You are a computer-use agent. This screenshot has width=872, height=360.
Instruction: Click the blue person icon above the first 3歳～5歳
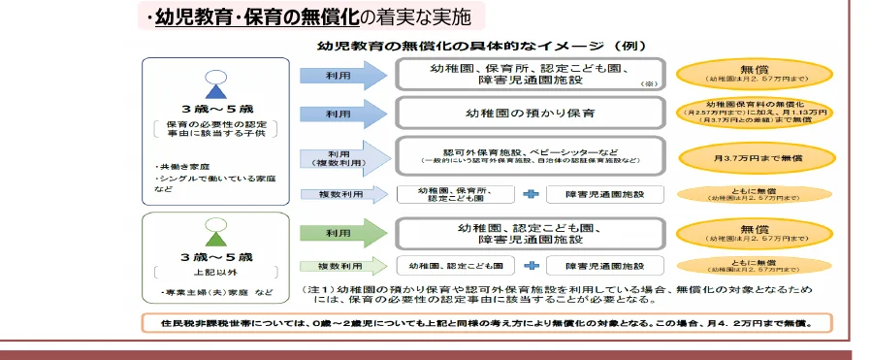click(215, 86)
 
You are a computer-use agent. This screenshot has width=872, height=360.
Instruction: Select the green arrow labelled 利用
click(340, 233)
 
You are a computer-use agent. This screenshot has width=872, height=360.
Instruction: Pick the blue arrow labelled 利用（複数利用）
click(340, 157)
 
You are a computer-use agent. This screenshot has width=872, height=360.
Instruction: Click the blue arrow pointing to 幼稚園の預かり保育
click(340, 114)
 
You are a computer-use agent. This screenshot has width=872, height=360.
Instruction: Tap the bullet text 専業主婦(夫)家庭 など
click(215, 293)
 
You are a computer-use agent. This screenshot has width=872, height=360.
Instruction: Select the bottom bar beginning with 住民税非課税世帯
click(484, 322)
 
